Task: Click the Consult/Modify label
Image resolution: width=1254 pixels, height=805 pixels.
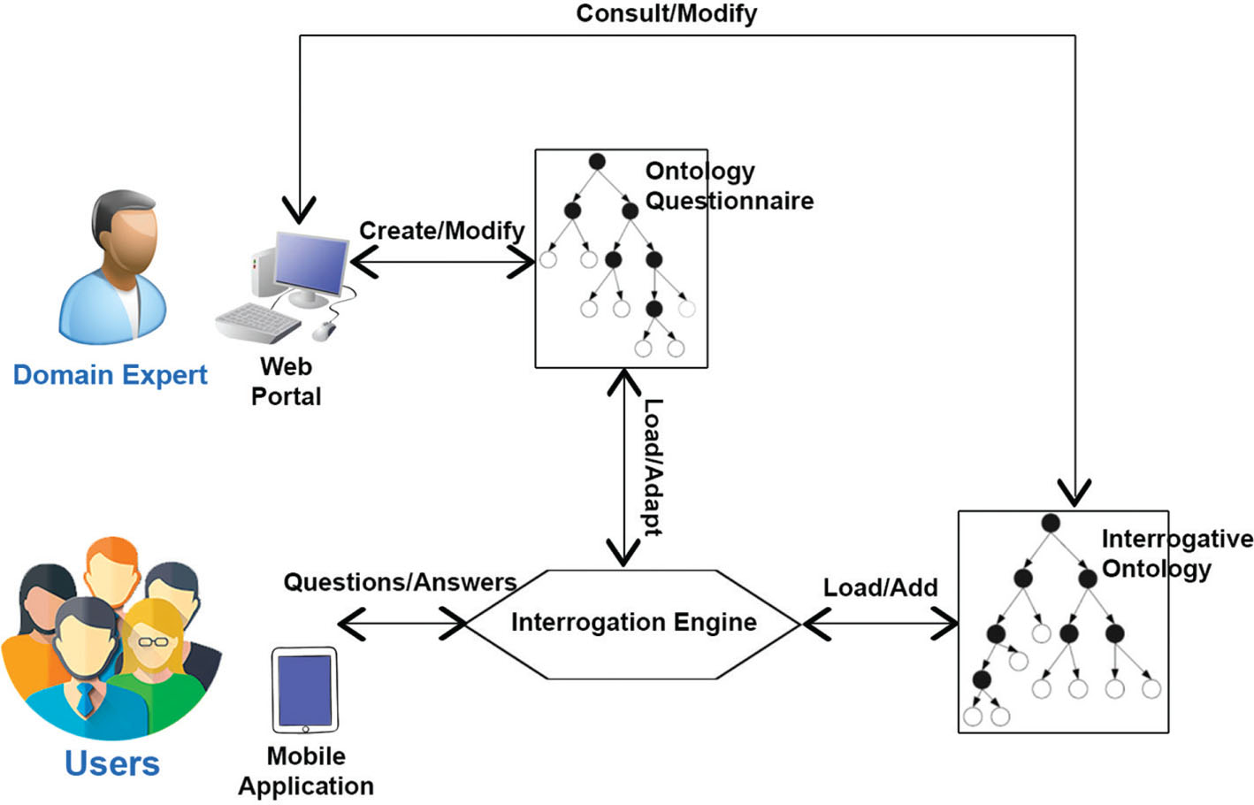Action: click(x=666, y=14)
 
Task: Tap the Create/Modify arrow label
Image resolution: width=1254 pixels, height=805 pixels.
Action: click(x=441, y=231)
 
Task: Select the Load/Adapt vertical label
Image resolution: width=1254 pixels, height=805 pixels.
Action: click(x=652, y=466)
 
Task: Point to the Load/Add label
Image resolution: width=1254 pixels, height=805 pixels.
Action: click(x=880, y=587)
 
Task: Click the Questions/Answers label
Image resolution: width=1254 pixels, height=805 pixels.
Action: click(x=400, y=582)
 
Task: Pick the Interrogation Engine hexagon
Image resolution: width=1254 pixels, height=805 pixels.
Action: click(x=633, y=623)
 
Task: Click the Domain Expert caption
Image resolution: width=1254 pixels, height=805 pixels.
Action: click(x=110, y=375)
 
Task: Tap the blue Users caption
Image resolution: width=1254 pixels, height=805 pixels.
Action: click(x=111, y=763)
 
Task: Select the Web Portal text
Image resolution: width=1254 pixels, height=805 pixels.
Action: click(x=286, y=381)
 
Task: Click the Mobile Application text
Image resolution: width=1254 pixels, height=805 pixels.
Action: click(x=306, y=770)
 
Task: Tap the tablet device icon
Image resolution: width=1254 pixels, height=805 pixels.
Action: click(x=305, y=690)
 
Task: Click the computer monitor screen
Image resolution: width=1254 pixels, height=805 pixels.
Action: click(x=311, y=264)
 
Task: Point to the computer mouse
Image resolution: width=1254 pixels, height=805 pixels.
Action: click(x=325, y=331)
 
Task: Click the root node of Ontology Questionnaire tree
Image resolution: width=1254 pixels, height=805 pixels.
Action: click(x=597, y=162)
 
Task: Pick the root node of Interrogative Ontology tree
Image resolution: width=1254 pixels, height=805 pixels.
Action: click(x=1051, y=523)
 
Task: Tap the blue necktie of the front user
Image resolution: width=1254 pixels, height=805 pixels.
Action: click(x=85, y=699)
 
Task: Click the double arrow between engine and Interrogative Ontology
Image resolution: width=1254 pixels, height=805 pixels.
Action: click(x=880, y=625)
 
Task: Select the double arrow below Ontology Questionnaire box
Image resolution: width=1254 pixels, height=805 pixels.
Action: click(x=624, y=467)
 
